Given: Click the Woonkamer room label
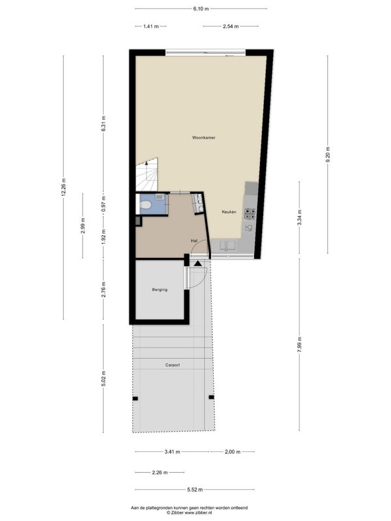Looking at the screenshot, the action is point(203,137).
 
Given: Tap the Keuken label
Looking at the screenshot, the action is point(229,212).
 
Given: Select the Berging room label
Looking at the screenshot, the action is point(160,290).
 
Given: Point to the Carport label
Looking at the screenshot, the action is point(173,365).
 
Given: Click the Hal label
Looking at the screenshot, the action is point(194,240).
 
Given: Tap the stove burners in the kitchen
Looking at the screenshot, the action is point(250,214).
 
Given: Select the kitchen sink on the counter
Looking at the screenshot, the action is point(227,246).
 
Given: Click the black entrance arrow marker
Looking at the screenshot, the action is point(198,264).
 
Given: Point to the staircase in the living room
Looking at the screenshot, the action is point(146,175).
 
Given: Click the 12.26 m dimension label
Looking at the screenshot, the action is point(63,188).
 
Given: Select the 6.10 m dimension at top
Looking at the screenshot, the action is point(201,9).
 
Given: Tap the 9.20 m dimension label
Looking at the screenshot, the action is point(328,154).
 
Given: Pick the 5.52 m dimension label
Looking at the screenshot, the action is point(195,490).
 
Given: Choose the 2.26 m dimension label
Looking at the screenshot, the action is point(160,472).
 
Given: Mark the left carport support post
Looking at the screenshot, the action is point(135,399).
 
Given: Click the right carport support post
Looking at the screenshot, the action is point(211,397).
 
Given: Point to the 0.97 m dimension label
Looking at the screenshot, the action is point(103,204).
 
